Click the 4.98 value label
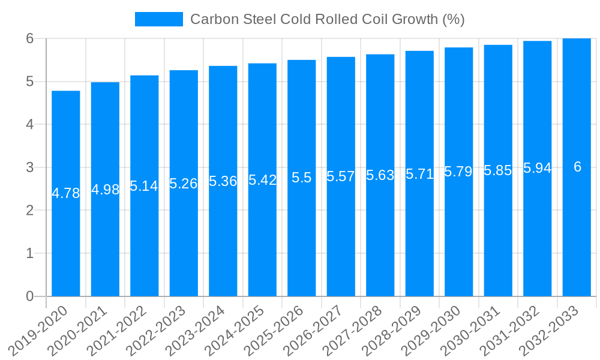click(x=106, y=190)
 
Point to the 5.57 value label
click(x=341, y=176)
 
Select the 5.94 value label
click(x=538, y=168)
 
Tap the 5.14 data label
click(x=145, y=186)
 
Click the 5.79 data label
click(x=459, y=172)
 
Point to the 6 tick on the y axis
click(x=30, y=38)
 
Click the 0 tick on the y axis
click(x=30, y=296)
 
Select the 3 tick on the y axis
click(x=30, y=167)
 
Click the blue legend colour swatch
click(x=159, y=19)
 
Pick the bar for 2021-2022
click(x=145, y=240)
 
